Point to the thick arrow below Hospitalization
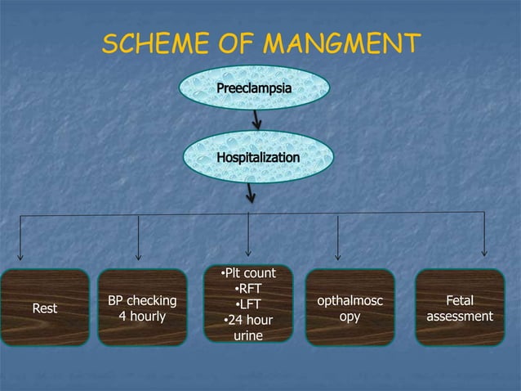pyautogui.click(x=250, y=194)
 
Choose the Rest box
pyautogui.click(x=44, y=308)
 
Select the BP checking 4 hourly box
pyautogui.click(x=142, y=308)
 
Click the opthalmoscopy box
pyautogui.click(x=350, y=308)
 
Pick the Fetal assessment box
pyautogui.click(x=459, y=308)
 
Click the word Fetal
pyautogui.click(x=460, y=300)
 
